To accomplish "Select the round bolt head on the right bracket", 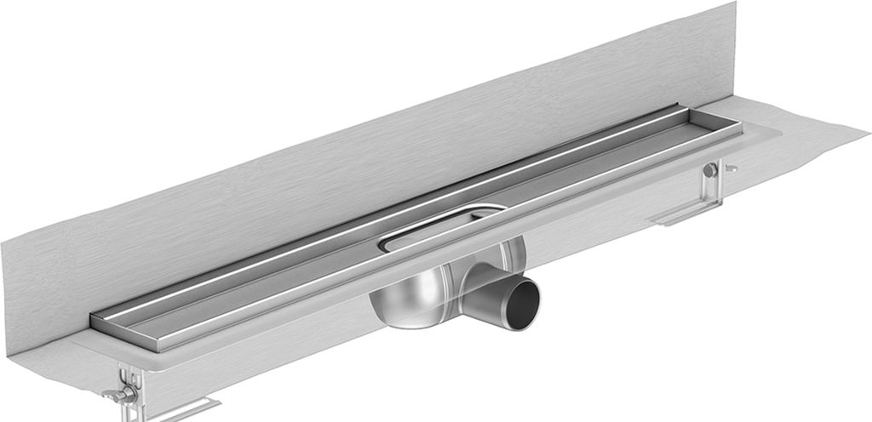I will pos(709,170).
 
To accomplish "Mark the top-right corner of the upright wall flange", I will pos(734,4).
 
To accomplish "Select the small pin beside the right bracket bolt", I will pos(731,168).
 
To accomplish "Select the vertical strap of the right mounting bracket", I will pos(711,187).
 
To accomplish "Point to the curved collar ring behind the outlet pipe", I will pos(511,255).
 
